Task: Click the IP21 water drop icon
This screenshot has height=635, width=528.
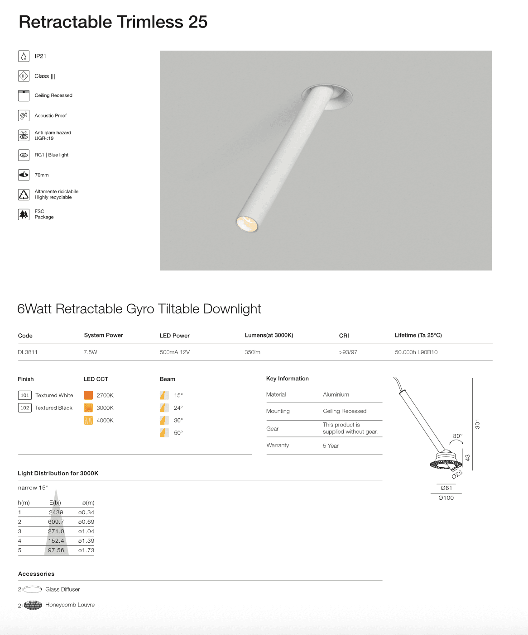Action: [24, 56]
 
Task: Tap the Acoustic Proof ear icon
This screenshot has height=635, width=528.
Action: [24, 116]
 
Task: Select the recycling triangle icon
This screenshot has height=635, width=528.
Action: [24, 194]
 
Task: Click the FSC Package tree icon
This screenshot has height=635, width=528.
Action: [24, 214]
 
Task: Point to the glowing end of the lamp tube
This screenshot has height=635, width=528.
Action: [247, 224]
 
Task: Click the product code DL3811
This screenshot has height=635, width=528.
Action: [28, 352]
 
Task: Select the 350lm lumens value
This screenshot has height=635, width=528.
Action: [252, 352]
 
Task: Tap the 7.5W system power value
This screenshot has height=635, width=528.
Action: [91, 352]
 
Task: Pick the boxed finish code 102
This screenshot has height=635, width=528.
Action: [24, 408]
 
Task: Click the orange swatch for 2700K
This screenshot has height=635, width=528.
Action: [88, 395]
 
